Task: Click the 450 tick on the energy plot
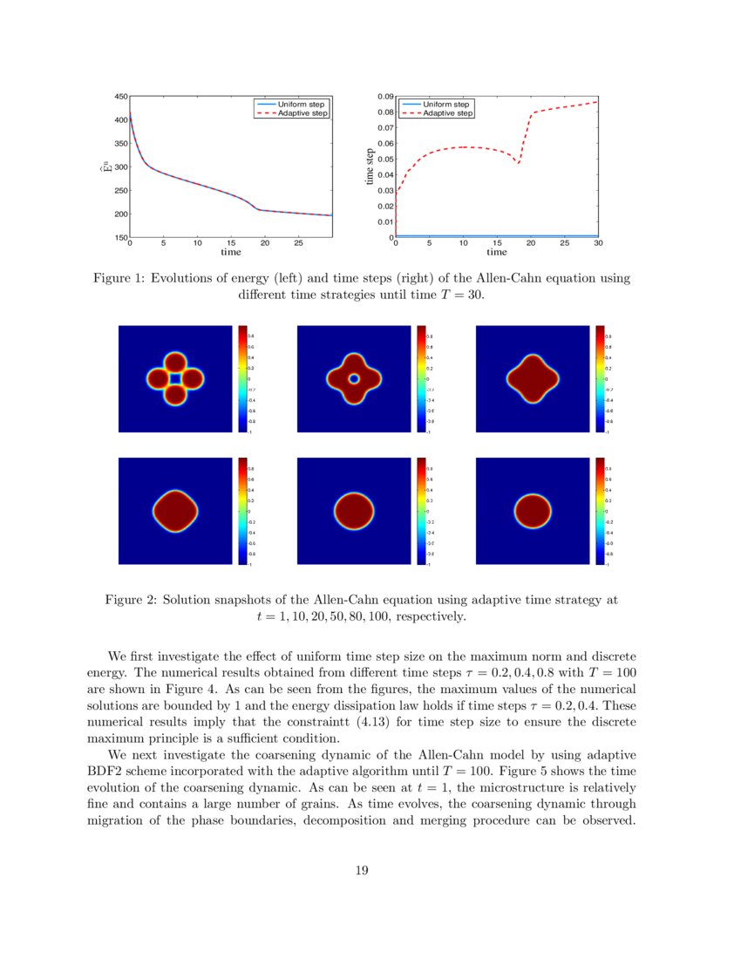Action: [121, 96]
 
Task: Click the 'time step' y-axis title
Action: [370, 166]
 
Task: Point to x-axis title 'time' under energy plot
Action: [230, 252]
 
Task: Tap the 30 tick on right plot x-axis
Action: [597, 244]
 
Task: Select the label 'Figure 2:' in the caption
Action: [131, 601]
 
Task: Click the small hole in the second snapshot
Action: [353, 379]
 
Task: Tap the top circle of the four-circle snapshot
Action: [175, 363]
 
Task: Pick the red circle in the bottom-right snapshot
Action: [533, 510]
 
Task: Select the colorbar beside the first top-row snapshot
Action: [242, 378]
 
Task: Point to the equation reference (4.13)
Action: [374, 723]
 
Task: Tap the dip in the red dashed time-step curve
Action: [519, 162]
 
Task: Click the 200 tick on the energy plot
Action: [121, 214]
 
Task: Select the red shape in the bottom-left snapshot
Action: [175, 510]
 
